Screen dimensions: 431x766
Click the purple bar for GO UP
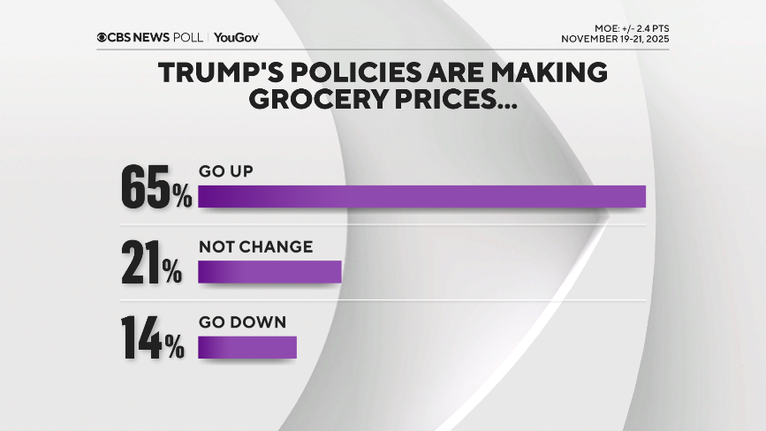pos(421,196)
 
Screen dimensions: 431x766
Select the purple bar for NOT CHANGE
pos(269,272)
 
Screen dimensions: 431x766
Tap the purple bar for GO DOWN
pos(246,347)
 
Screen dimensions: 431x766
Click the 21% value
pos(152,263)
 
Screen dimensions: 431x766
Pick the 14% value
pos(152,339)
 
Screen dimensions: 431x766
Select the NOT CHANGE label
pos(255,246)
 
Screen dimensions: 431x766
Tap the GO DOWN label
pos(242,322)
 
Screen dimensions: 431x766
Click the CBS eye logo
pos(102,37)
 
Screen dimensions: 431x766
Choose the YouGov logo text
pos(236,37)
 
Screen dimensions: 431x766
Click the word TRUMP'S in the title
pos(218,73)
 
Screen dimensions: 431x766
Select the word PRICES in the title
pos(450,99)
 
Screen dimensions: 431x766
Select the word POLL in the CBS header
pos(189,37)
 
